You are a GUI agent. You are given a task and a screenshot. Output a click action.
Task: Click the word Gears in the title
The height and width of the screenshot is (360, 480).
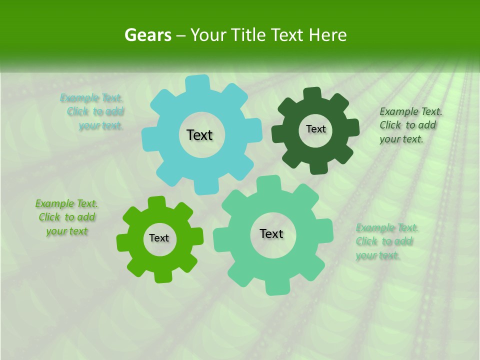[147, 35]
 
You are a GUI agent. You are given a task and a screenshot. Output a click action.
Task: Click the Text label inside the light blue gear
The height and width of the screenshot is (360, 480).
[199, 135]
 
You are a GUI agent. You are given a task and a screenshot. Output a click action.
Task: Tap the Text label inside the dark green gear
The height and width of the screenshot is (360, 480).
[315, 129]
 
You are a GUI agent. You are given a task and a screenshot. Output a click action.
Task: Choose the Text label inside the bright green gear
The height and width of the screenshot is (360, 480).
[159, 238]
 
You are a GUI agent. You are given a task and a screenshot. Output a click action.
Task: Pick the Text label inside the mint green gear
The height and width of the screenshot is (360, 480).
[271, 233]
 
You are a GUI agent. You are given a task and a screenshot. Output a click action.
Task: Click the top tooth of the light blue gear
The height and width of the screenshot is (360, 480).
[197, 83]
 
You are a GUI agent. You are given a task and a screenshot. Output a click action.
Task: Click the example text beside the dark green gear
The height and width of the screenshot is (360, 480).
[410, 125]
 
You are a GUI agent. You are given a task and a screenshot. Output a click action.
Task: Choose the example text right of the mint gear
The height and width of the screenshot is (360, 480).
[386, 241]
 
